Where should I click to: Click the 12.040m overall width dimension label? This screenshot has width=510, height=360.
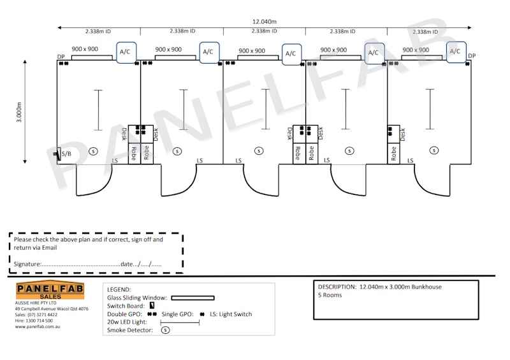point(265,22)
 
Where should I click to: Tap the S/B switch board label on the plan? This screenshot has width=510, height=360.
point(67,154)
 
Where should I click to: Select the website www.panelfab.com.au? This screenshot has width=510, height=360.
point(38,326)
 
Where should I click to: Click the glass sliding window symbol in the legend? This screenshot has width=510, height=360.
point(193,298)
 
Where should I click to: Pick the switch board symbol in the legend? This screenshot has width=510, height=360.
point(152,306)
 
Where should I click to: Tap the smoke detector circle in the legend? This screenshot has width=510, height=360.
point(166,330)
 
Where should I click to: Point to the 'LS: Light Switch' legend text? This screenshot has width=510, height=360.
point(231,314)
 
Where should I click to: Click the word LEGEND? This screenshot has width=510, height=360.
point(119,289)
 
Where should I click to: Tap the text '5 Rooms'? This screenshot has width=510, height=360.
point(330,295)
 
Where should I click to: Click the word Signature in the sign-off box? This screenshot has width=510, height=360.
point(27,263)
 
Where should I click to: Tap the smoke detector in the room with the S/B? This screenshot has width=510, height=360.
point(93,151)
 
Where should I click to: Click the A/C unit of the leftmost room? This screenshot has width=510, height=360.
point(124,52)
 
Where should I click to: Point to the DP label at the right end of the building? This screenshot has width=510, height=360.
point(472,56)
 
